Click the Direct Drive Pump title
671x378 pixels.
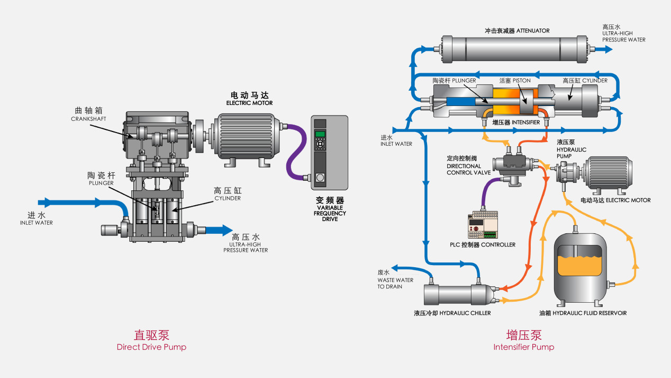pos(151,341)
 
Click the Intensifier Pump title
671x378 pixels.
pos(523,341)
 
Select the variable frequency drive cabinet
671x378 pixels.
pos(329,153)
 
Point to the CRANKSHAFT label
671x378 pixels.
pos(88,115)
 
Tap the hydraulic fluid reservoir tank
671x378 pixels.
pos(579,268)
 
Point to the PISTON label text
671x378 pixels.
pos(515,81)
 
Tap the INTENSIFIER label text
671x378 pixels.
pos(516,122)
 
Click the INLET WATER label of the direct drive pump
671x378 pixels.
pos(37,218)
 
